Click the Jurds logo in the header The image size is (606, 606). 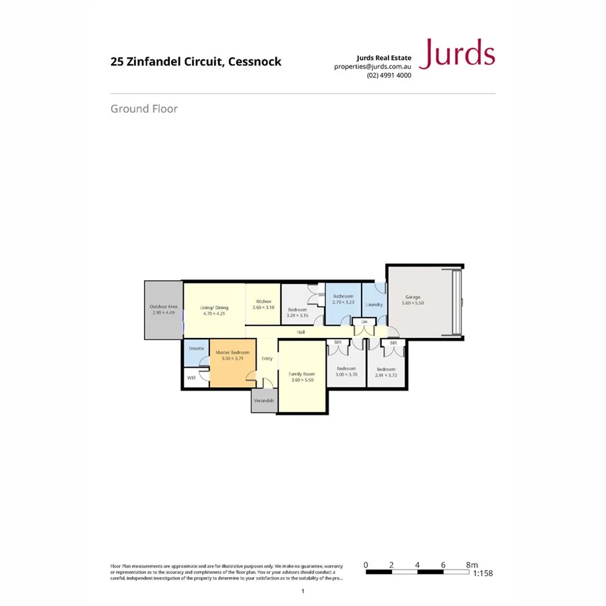[457, 54]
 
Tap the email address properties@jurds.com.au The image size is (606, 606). [372, 67]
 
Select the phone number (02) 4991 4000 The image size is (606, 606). [389, 75]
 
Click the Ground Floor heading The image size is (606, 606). [144, 108]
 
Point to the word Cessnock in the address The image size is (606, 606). [255, 62]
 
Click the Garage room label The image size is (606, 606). [413, 297]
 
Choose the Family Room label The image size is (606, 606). [302, 374]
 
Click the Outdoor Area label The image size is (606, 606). [164, 307]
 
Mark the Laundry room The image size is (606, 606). [374, 304]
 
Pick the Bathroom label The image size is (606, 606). [343, 296]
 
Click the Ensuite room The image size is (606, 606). [196, 349]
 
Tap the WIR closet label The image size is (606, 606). [191, 378]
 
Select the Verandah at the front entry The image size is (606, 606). [264, 401]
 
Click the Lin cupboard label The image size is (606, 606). [364, 322]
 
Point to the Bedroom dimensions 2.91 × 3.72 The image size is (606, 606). [386, 374]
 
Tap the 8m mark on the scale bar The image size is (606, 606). [471, 565]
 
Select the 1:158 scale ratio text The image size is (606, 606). [483, 574]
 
